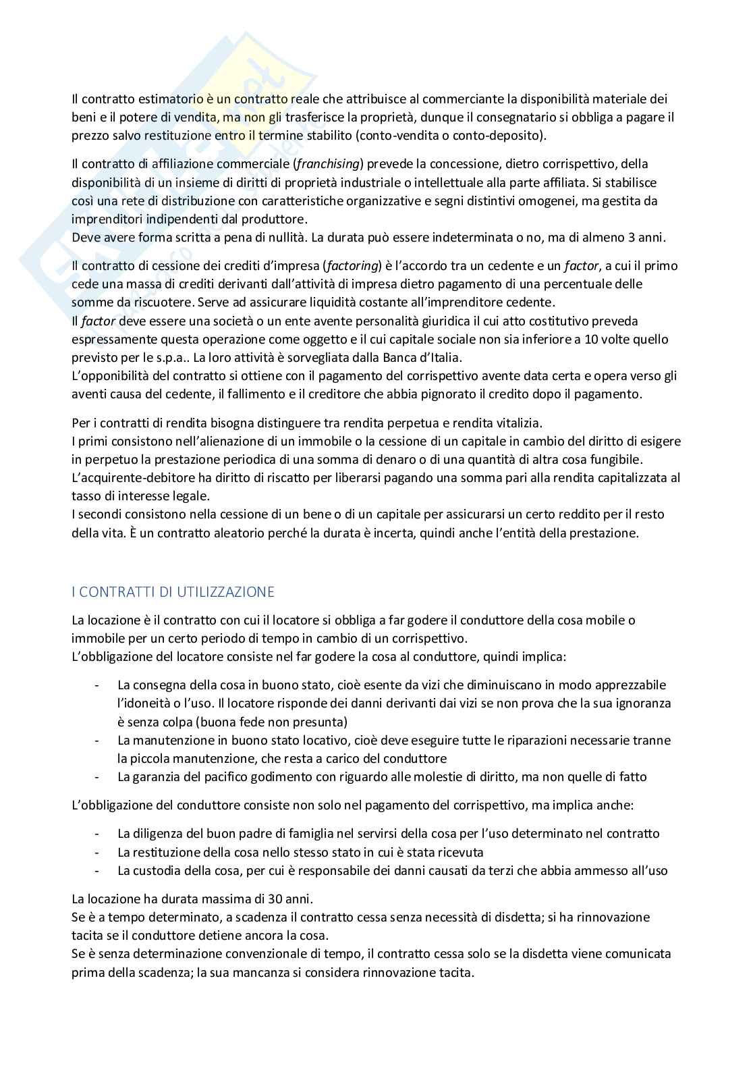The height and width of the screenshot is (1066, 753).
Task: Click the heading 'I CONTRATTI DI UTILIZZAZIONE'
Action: pyautogui.click(x=173, y=592)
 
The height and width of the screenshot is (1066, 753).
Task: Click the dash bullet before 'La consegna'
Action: pyautogui.click(x=99, y=685)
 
